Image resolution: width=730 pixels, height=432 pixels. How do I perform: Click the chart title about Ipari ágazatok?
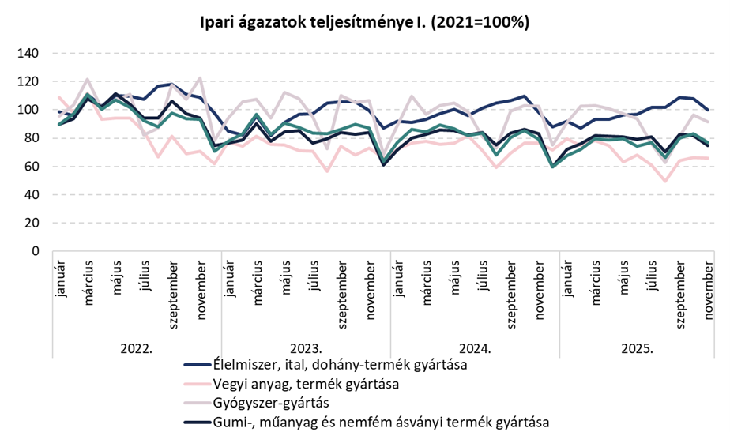pos(364,23)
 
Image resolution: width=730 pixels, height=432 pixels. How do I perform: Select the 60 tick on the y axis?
pos(32,167)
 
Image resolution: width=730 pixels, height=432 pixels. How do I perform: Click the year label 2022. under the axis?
pos(136,347)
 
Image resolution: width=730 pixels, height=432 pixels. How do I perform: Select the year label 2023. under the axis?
pos(305,347)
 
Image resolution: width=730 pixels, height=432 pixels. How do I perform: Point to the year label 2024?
pos(474,347)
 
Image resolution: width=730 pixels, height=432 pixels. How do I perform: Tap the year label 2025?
pos(643,347)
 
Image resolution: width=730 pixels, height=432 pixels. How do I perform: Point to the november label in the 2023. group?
pos(370,287)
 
